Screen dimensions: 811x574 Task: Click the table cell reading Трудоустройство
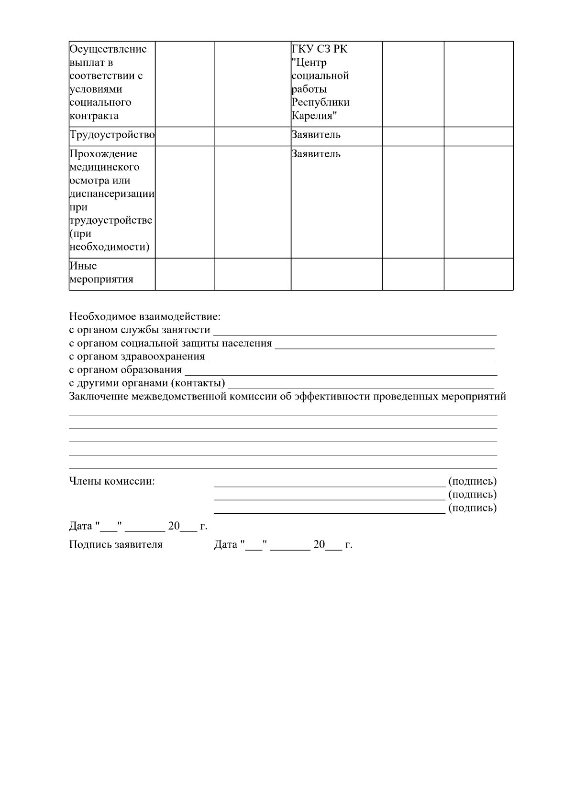112,135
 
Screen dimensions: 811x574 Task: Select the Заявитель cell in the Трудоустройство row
316,135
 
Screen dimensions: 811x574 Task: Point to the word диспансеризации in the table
112,194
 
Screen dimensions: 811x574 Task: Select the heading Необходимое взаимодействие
145,316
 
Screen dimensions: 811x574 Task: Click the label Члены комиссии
112,481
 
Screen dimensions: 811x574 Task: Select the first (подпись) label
472,481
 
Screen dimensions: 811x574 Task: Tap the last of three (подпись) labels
472,508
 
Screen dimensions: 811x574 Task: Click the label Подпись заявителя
116,545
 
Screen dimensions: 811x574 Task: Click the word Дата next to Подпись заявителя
226,545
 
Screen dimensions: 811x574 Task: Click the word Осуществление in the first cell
108,49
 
